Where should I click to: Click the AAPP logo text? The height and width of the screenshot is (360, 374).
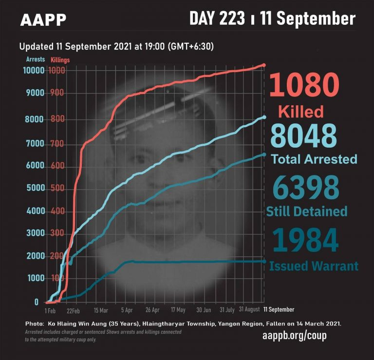pos(43,20)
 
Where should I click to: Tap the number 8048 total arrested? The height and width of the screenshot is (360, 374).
pos(303,136)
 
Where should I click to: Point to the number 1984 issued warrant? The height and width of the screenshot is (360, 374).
pos(305,241)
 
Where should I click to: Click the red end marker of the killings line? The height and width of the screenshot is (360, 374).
pos(264,65)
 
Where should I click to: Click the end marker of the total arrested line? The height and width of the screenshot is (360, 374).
pos(264,117)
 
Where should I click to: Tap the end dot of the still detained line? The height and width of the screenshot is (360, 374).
pos(264,154)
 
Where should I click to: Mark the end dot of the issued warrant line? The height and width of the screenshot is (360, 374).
pos(264,262)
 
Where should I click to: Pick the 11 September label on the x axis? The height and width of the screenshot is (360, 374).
pos(279,309)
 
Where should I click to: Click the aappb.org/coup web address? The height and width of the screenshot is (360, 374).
pos(294,336)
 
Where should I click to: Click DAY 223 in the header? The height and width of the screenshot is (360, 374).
pos(217,19)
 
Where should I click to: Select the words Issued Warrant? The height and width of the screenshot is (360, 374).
pos(314,266)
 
